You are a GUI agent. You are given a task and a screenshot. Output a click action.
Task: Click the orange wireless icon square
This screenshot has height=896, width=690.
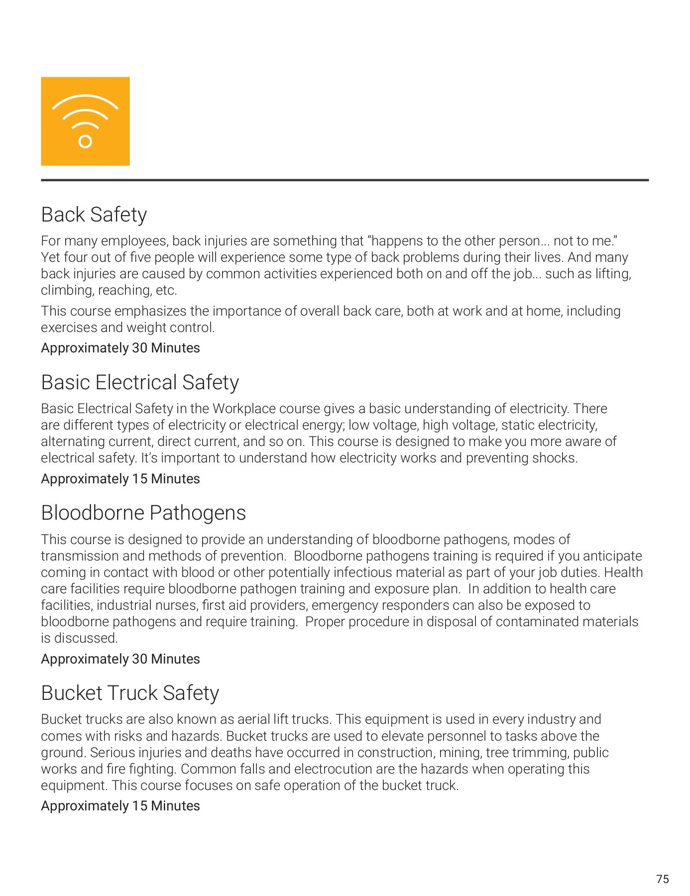pyautogui.click(x=85, y=121)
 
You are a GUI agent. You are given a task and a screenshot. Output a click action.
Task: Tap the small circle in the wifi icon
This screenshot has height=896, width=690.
pyautogui.click(x=85, y=142)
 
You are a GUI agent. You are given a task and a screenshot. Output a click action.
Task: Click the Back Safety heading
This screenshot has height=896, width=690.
pyautogui.click(x=94, y=215)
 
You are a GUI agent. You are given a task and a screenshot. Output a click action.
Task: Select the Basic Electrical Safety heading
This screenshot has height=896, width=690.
pyautogui.click(x=140, y=383)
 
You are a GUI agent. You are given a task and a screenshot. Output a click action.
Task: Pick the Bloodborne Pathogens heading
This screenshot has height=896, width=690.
pyautogui.click(x=143, y=513)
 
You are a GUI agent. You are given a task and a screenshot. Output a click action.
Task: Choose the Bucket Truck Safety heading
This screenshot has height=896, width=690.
pyautogui.click(x=130, y=693)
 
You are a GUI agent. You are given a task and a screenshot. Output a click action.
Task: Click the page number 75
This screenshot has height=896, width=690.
pyautogui.click(x=662, y=879)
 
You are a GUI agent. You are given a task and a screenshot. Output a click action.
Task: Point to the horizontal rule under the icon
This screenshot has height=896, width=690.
pyautogui.click(x=345, y=180)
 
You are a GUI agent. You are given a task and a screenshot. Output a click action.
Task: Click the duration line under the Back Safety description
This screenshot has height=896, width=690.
pyautogui.click(x=120, y=348)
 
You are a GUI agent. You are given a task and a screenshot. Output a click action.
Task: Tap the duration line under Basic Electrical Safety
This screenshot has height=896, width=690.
pyautogui.click(x=120, y=479)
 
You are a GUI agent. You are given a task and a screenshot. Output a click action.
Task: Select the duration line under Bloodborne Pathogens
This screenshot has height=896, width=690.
pyautogui.click(x=120, y=659)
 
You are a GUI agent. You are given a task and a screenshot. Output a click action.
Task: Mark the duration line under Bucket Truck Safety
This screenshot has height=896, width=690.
pyautogui.click(x=120, y=806)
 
